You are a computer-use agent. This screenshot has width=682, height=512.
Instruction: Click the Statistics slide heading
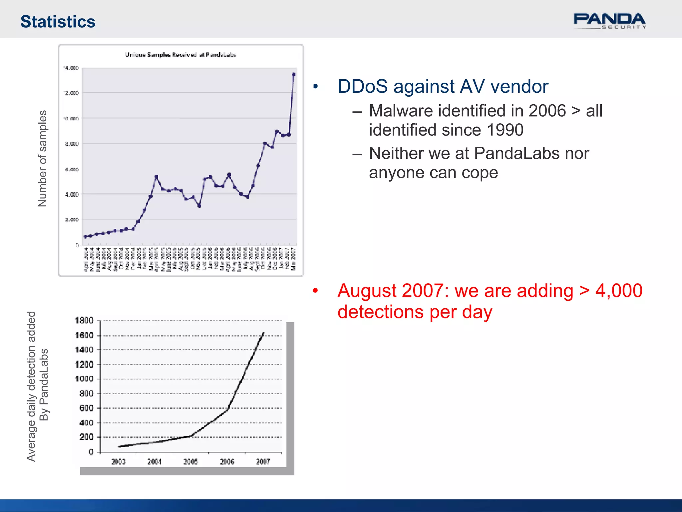58,22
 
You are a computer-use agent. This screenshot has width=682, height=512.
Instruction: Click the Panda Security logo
609,21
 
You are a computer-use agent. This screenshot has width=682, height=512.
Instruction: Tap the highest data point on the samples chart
293,74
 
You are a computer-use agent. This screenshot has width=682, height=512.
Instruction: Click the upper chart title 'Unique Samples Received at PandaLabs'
180,55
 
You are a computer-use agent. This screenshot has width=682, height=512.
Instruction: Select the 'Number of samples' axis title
43,159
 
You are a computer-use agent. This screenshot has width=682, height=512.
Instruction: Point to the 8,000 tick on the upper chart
72,144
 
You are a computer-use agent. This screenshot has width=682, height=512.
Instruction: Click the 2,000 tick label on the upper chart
72,220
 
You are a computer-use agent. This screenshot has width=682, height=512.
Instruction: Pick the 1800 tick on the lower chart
84,321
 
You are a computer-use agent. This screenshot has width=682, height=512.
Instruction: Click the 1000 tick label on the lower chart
84,379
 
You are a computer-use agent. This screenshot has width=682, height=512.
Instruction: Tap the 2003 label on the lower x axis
118,462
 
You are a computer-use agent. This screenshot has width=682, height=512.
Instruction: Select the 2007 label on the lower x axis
263,462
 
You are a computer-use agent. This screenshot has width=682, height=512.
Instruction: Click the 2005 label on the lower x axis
190,462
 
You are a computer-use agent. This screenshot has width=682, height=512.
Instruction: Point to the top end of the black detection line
263,333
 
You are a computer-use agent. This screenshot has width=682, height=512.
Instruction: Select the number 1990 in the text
505,130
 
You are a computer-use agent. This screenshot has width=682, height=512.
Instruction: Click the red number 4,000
619,291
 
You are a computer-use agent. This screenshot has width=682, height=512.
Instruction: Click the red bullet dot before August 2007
315,291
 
